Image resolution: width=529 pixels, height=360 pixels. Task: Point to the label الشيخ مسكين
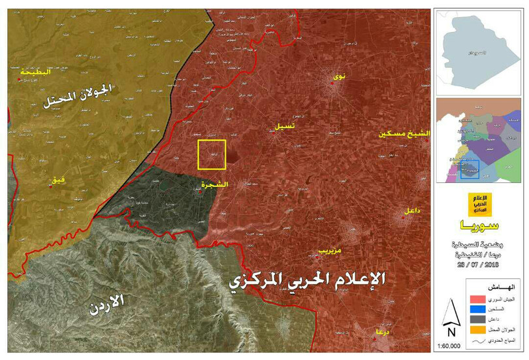pos(405,135)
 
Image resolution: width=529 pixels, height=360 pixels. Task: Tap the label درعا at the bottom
pos(383,333)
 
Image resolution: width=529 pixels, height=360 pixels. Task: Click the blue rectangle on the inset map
pos(470,169)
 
